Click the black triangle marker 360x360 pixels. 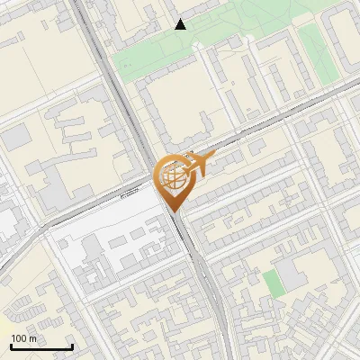tap(181, 24)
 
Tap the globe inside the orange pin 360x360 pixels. tap(171, 176)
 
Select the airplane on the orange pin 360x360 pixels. tap(197, 164)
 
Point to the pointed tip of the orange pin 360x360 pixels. tap(172, 211)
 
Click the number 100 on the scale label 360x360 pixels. tap(20, 338)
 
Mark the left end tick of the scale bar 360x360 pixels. tap(11, 346)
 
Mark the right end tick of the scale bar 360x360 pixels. tap(72, 346)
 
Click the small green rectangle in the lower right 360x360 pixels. tap(273, 283)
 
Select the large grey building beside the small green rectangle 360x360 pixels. tap(292, 274)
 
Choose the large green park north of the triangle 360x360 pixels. tap(243, 13)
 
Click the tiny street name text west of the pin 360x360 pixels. tap(131, 191)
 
